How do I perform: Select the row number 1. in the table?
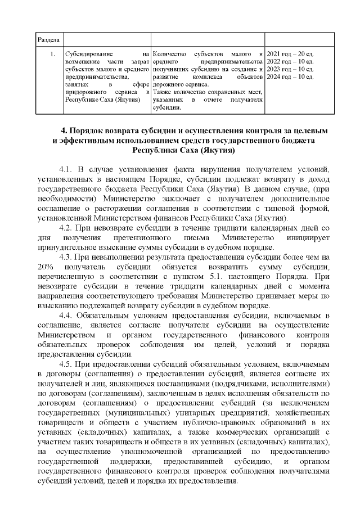52,54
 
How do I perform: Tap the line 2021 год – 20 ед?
289,54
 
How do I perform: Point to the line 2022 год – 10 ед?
289,61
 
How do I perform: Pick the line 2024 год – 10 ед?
289,76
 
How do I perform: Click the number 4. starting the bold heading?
64,130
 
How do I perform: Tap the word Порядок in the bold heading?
89,130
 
